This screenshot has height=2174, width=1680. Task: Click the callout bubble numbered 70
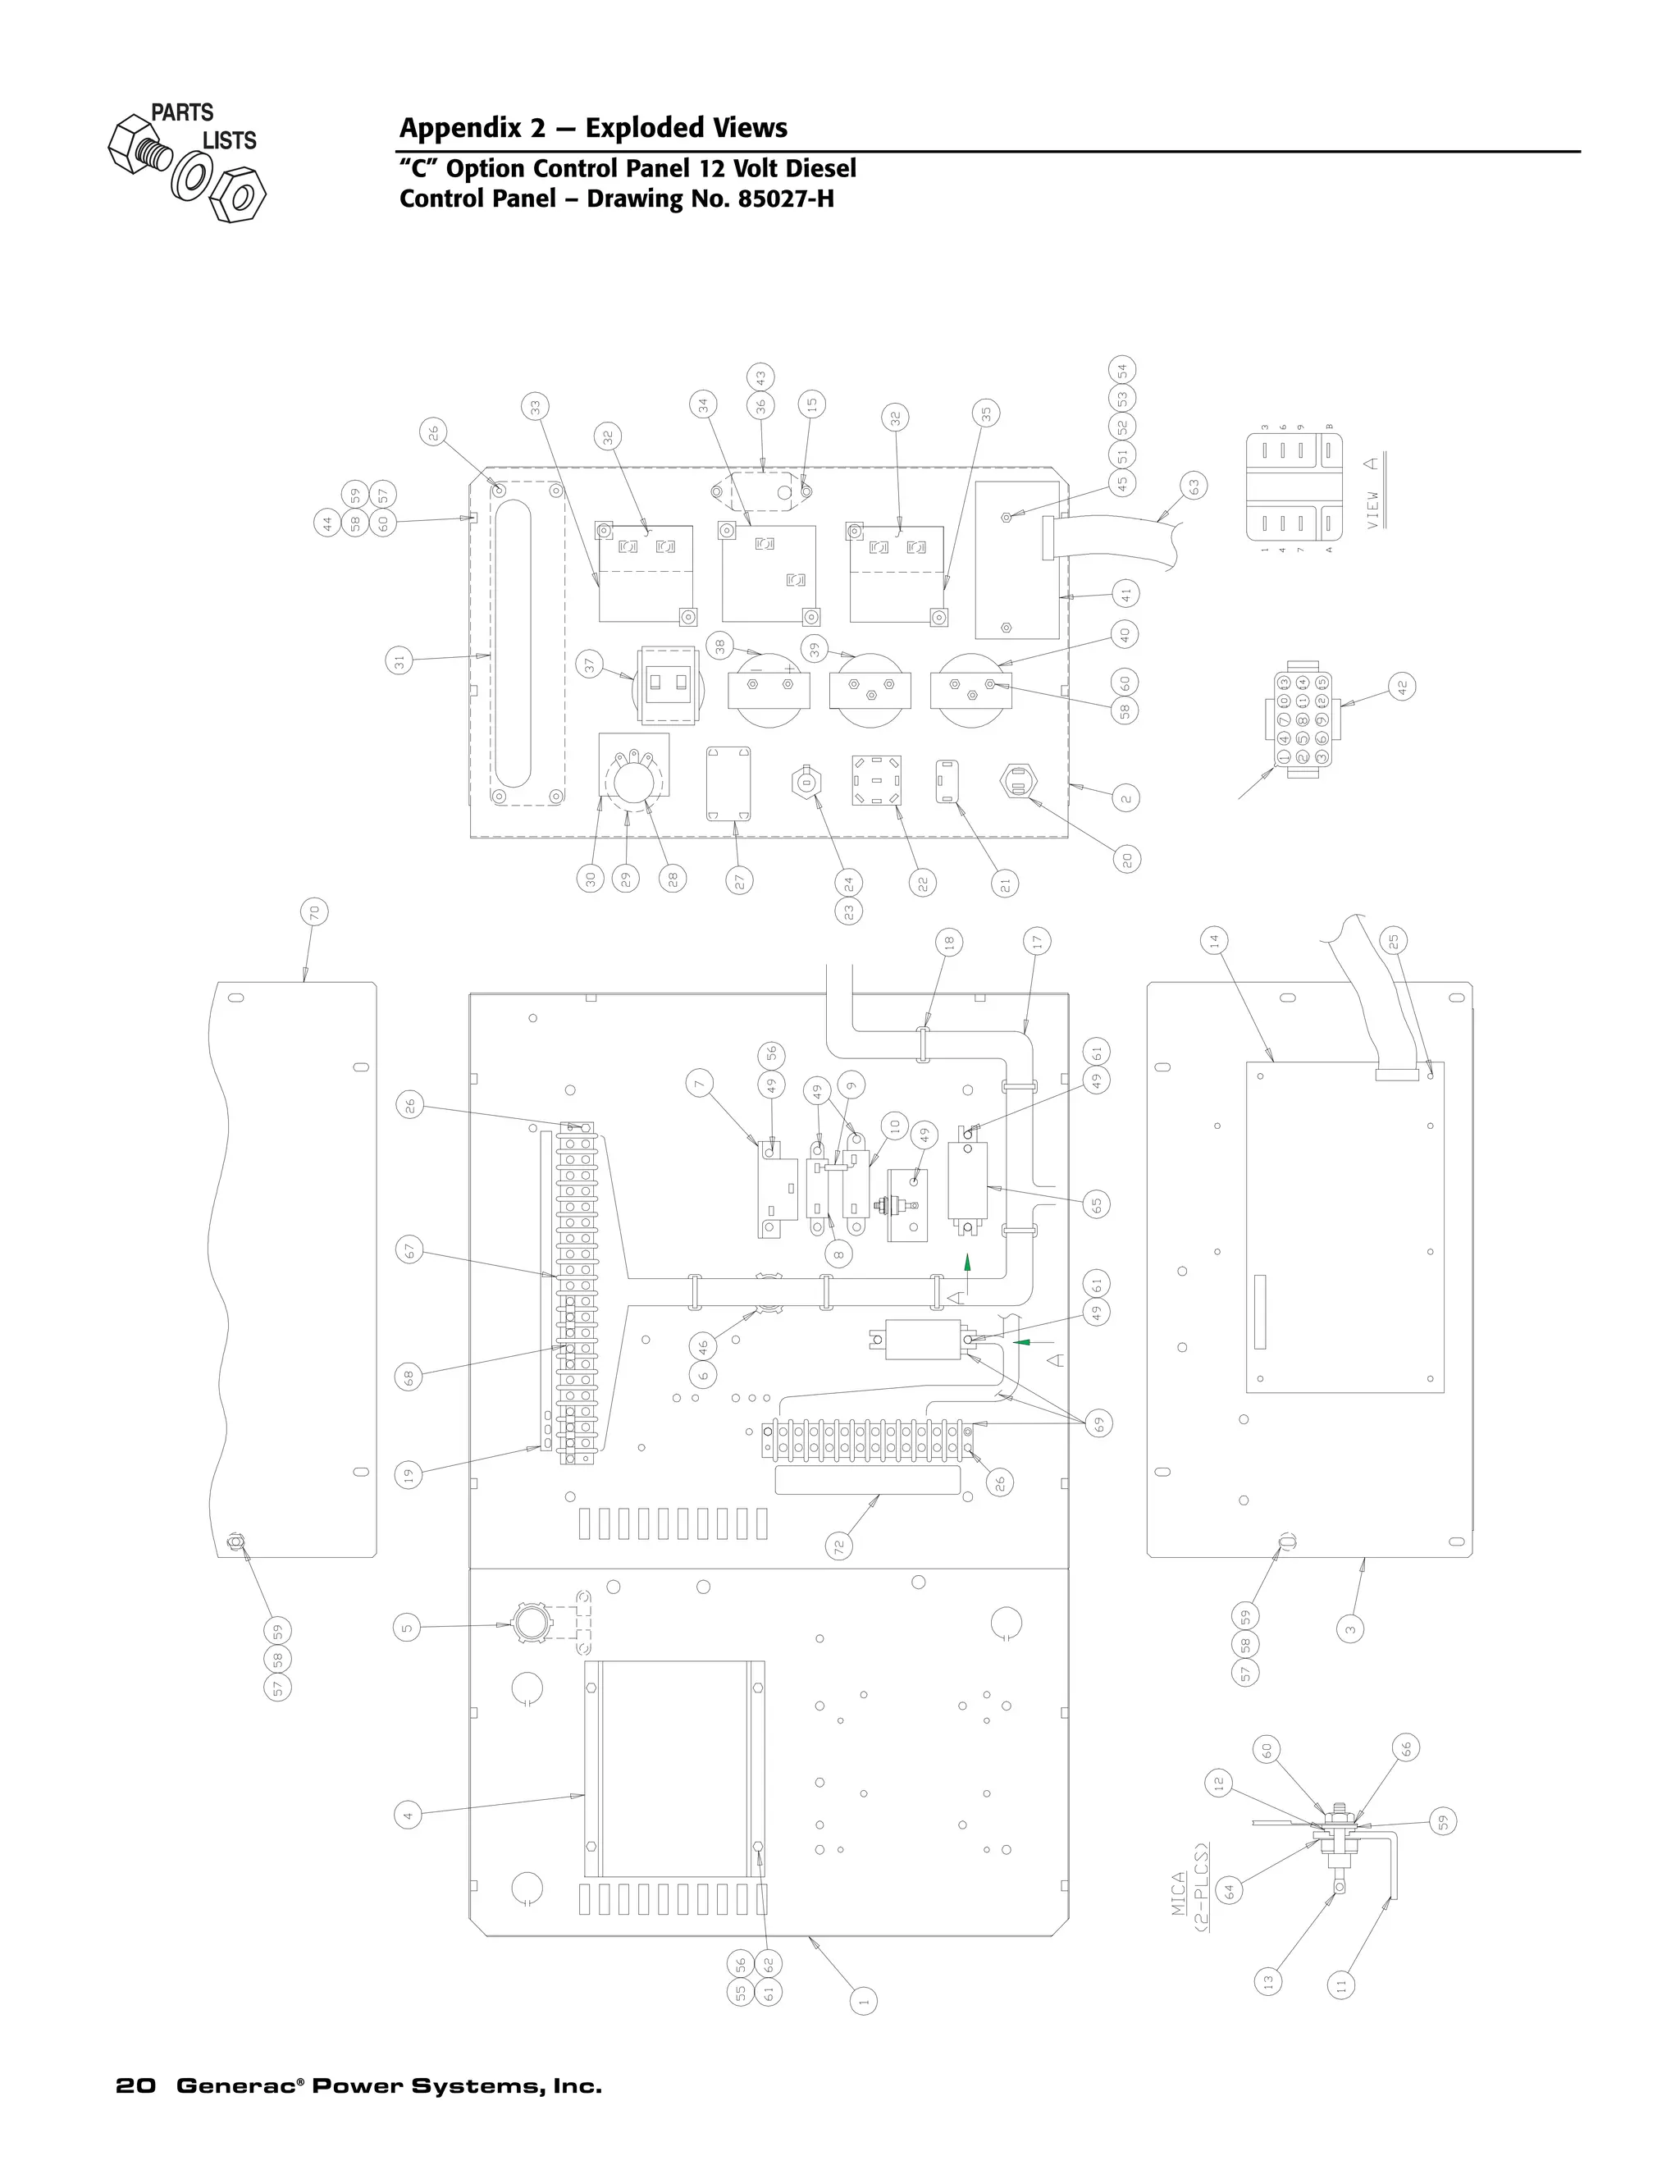[x=314, y=911]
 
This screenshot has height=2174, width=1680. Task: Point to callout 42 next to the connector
[x=1401, y=687]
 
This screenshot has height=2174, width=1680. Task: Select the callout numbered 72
[x=839, y=1546]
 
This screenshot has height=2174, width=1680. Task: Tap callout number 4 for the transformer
[x=407, y=1815]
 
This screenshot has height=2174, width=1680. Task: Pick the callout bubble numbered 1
[x=864, y=2001]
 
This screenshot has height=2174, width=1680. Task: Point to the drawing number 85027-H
[x=785, y=198]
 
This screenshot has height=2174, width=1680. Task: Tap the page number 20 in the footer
[x=135, y=2085]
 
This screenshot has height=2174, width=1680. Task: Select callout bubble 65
[x=1097, y=1203]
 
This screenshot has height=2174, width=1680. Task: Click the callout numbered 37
[x=589, y=666]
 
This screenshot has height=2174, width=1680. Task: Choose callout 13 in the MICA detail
[x=1268, y=1981]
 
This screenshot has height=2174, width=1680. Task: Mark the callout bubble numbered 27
[x=739, y=880]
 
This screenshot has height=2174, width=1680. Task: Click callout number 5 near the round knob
[x=407, y=1628]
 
